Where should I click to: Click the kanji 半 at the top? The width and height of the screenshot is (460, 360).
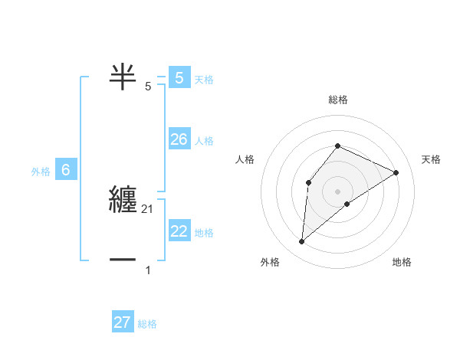pyautogui.click(x=123, y=75)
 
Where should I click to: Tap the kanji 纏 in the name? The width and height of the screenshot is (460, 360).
pyautogui.click(x=123, y=199)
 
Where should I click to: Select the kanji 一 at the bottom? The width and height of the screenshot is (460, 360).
pyautogui.click(x=123, y=260)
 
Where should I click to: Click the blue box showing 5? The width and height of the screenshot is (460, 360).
pyautogui.click(x=179, y=78)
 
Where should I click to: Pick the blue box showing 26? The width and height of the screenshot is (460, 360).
pyautogui.click(x=179, y=139)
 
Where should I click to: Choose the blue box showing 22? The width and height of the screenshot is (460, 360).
pyautogui.click(x=179, y=231)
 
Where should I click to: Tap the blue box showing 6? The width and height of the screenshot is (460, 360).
pyautogui.click(x=66, y=171)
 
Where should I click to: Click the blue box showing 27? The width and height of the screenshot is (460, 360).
pyautogui.click(x=123, y=322)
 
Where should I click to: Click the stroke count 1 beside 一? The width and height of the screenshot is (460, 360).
pyautogui.click(x=148, y=270)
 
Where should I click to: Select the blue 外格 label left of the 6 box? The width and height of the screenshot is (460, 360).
pyautogui.click(x=41, y=172)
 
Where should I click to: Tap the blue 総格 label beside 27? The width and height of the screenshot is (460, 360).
pyautogui.click(x=147, y=324)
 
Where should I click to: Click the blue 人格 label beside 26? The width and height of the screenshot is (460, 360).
pyautogui.click(x=204, y=141)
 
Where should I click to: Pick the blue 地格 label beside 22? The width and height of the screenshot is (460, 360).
pyautogui.click(x=204, y=233)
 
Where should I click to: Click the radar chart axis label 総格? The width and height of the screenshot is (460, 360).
pyautogui.click(x=337, y=100)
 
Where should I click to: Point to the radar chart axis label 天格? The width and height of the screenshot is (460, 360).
pyautogui.click(x=431, y=159)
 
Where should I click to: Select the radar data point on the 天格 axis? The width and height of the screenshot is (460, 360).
pyautogui.click(x=396, y=172)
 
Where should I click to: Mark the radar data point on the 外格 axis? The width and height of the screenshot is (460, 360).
pyautogui.click(x=302, y=242)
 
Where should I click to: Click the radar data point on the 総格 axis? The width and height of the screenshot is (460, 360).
pyautogui.click(x=337, y=146)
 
